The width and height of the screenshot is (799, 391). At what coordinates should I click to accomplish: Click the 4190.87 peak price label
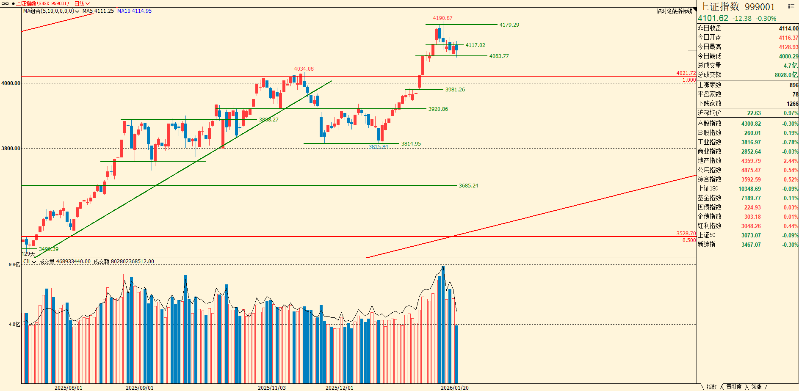click(442, 18)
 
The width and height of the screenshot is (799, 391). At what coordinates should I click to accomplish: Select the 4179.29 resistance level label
click(509, 25)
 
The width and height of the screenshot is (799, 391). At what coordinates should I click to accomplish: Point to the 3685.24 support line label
click(468, 186)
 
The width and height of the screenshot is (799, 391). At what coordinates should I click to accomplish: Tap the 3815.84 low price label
click(378, 147)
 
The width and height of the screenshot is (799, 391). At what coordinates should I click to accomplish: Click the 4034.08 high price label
click(304, 69)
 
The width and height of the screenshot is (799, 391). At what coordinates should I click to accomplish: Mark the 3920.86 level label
click(438, 109)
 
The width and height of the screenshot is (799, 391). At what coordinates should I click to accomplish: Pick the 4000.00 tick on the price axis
click(11, 83)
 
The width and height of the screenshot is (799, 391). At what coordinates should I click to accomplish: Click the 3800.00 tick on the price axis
click(11, 149)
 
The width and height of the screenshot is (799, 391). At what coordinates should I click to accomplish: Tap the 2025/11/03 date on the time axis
click(271, 388)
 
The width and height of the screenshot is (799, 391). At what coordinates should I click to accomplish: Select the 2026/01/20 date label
click(454, 388)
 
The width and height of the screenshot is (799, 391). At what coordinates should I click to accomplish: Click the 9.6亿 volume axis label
click(14, 265)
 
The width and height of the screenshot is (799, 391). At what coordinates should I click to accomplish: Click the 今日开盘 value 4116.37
click(788, 38)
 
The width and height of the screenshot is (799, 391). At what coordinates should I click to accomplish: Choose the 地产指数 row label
click(709, 161)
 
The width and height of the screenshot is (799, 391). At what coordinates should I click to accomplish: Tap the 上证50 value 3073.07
click(751, 235)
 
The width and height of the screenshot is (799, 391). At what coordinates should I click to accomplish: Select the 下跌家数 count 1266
click(792, 104)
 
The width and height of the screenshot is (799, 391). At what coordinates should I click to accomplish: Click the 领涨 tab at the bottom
click(756, 387)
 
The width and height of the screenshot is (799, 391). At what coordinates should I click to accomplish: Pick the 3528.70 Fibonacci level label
click(686, 234)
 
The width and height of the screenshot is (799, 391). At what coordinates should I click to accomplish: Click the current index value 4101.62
click(713, 18)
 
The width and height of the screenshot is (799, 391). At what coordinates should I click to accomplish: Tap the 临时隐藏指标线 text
click(674, 11)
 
